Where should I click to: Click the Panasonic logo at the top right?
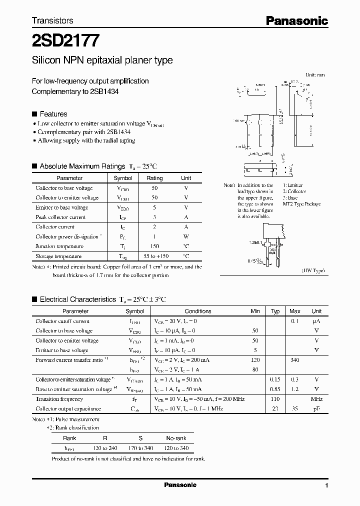coord(296,20)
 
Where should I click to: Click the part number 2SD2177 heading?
coord(65,39)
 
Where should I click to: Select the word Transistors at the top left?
coord(52,20)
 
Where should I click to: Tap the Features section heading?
coord(53,114)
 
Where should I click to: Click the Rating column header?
coord(154,178)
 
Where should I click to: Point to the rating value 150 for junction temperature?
coord(154,246)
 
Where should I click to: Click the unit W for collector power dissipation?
coord(186,236)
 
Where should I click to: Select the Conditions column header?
coord(198,311)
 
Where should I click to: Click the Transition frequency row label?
coord(59,399)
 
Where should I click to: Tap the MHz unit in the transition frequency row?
coord(316,399)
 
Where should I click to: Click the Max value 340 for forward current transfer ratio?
coord(295,359)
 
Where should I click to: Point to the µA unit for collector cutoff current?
coord(316,321)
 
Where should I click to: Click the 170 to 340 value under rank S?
coord(141,448)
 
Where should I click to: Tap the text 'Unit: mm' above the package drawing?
coord(314,74)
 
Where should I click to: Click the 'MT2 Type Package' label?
coord(301,204)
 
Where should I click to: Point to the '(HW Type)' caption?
coord(313,270)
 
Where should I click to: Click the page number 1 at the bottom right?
coord(326,485)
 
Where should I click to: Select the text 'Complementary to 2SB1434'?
coord(75,91)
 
